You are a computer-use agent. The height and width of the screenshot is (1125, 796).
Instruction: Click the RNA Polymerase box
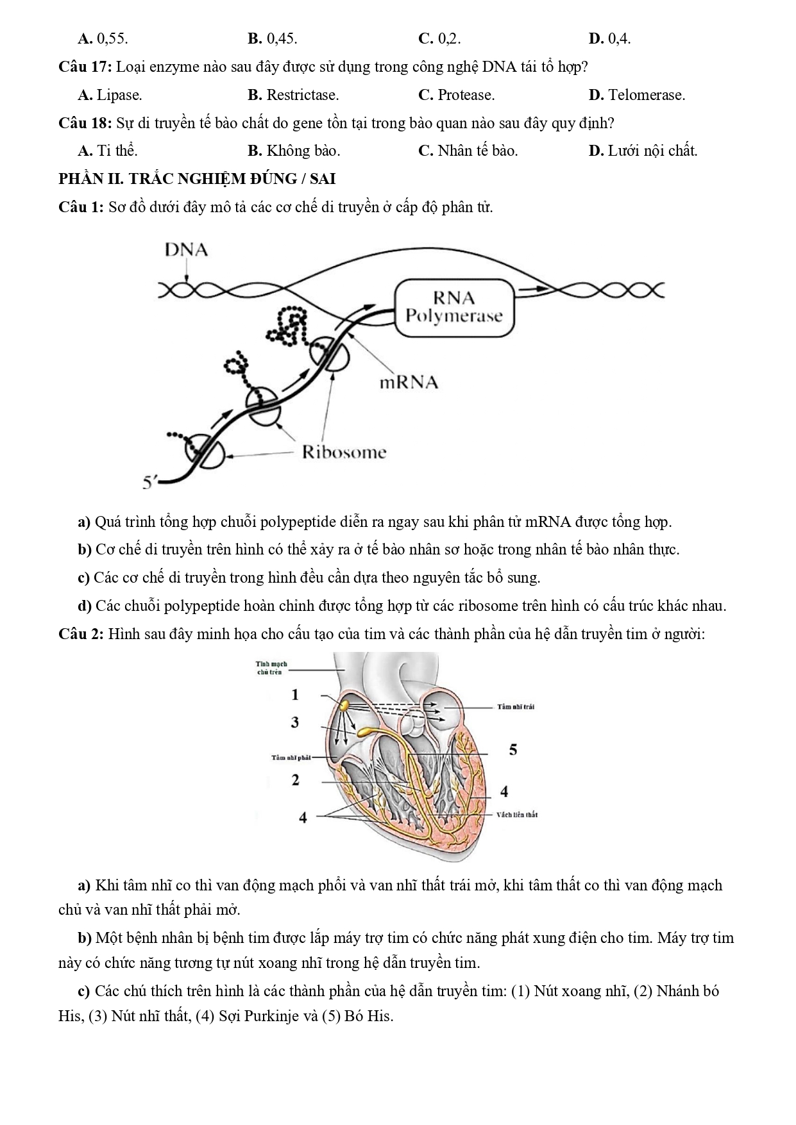tap(454, 307)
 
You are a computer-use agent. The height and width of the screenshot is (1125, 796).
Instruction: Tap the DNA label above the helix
tap(186, 250)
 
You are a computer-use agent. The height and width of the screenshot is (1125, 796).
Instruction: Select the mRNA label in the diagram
tap(409, 383)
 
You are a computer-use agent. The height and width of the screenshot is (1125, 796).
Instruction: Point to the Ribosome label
tap(344, 453)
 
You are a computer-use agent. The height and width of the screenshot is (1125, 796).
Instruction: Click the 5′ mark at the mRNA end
tap(149, 481)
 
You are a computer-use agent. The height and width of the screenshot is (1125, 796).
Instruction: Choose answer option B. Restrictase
tap(293, 95)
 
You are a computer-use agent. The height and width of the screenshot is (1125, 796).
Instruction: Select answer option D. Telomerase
tap(636, 95)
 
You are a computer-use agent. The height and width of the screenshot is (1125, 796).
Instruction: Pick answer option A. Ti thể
tap(108, 151)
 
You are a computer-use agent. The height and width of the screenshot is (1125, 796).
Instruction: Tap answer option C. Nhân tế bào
tap(468, 151)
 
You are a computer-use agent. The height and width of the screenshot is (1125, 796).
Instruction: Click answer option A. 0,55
tap(103, 38)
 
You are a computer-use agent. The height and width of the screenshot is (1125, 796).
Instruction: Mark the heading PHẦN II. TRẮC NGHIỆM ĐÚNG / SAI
tap(197, 179)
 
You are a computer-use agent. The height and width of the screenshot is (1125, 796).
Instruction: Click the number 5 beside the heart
tap(513, 749)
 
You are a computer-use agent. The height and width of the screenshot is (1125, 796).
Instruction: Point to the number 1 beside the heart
tap(295, 694)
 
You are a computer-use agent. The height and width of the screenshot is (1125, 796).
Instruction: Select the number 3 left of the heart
tap(295, 722)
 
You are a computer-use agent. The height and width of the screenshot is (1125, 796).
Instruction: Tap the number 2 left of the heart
tap(295, 780)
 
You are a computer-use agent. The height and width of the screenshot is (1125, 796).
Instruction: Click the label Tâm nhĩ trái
tap(516, 707)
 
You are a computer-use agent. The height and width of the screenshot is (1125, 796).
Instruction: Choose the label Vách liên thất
tap(516, 815)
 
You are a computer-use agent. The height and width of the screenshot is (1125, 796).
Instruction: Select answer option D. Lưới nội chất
tap(643, 151)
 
